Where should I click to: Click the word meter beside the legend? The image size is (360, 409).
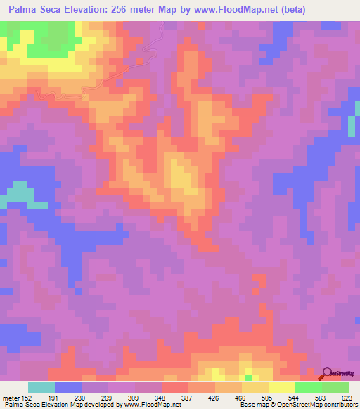pyautogui.click(x=10, y=397)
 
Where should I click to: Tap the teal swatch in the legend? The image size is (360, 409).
pyautogui.click(x=41, y=387)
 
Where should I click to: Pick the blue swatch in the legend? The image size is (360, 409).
pyautogui.click(x=67, y=387)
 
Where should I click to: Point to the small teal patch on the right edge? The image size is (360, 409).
pyautogui.click(x=351, y=125)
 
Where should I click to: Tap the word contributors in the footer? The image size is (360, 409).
pyautogui.click(x=338, y=405)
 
